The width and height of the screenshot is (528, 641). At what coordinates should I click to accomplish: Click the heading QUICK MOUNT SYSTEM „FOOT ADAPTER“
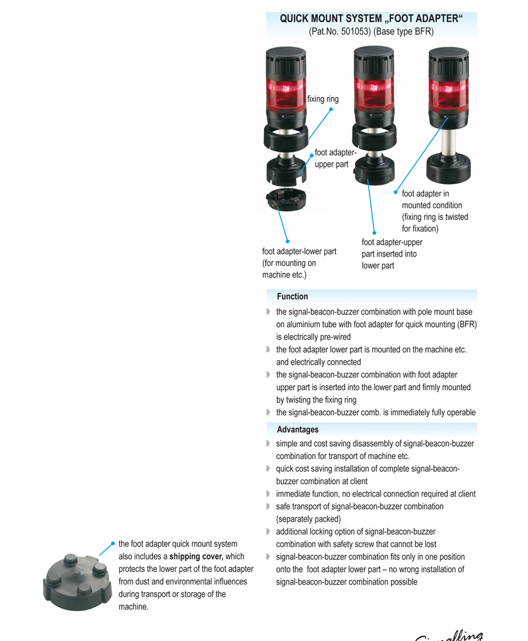tap(371, 19)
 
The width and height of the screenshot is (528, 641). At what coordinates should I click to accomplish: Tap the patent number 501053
tap(349, 31)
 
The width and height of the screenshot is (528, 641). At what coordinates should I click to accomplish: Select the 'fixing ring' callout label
tap(322, 99)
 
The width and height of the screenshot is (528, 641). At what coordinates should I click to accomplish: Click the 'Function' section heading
tap(292, 297)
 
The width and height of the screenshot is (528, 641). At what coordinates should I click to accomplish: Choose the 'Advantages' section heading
tap(297, 429)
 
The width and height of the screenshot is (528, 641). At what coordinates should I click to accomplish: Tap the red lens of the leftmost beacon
tap(285, 94)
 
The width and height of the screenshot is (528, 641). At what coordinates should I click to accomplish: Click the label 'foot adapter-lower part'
tap(299, 251)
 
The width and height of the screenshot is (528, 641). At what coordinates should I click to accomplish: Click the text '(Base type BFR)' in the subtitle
tap(404, 31)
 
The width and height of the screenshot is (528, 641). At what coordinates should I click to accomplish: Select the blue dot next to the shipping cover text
tap(113, 544)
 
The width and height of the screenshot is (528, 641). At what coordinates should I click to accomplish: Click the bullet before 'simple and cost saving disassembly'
tap(268, 444)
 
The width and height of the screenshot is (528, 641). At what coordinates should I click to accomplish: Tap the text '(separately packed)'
tap(308, 519)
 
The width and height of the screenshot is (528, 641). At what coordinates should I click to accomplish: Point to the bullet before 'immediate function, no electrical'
tap(268, 494)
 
